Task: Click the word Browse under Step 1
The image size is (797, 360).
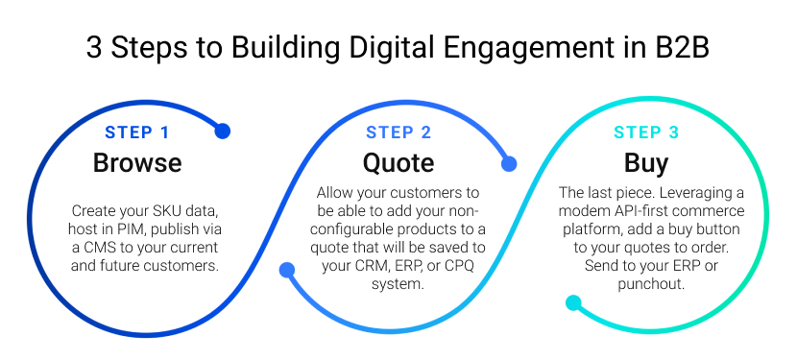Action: click(x=137, y=163)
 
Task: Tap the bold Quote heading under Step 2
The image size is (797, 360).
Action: click(x=398, y=163)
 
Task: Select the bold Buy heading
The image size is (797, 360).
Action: click(x=646, y=163)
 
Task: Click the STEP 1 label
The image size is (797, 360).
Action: click(x=137, y=132)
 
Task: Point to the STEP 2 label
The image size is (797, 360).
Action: click(x=398, y=132)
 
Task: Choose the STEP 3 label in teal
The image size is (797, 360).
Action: click(x=646, y=132)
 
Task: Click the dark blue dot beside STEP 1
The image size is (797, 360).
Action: click(x=223, y=132)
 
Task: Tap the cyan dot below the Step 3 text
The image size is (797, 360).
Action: click(x=573, y=303)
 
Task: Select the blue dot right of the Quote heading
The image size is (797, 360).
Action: click(x=509, y=164)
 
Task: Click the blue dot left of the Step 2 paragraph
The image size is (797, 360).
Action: click(x=286, y=271)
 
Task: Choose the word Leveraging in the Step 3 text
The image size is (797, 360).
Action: click(x=688, y=193)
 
